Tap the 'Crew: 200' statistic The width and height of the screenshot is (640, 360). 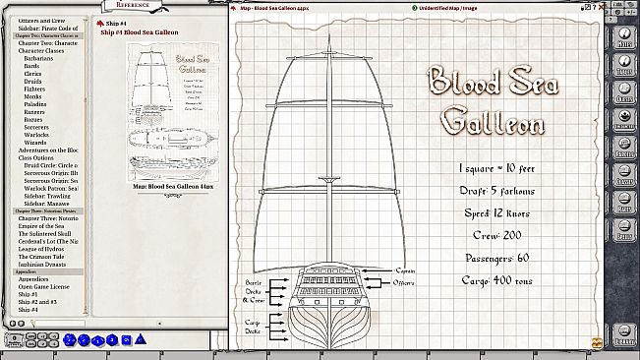pyautogui.click(x=496, y=237)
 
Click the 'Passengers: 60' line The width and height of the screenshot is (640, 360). pyautogui.click(x=496, y=259)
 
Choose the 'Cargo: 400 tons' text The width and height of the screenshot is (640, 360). pyautogui.click(x=496, y=280)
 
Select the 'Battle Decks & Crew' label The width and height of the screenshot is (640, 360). pyautogui.click(x=255, y=292)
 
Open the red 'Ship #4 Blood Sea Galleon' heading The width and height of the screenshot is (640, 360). pyautogui.click(x=138, y=32)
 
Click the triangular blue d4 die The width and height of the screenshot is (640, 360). pyautogui.click(x=70, y=339)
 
